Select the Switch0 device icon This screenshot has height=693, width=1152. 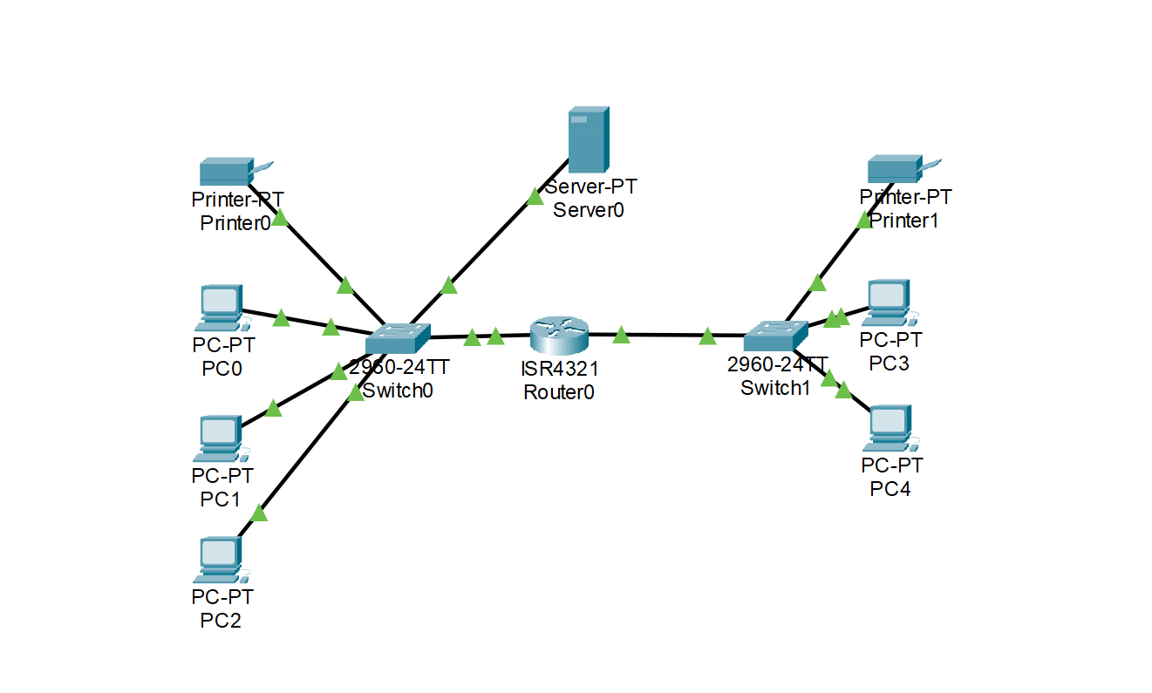pos(398,337)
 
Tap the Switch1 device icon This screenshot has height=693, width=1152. pos(776,336)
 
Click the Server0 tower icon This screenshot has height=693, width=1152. pos(588,139)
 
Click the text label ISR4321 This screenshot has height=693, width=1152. pos(561,370)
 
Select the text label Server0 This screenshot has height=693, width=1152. pos(589,209)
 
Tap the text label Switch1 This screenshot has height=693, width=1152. pos(775,388)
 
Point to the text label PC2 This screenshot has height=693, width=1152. pos(221,620)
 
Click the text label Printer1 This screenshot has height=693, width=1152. pos(904,221)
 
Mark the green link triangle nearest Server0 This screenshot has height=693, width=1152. pos(535,196)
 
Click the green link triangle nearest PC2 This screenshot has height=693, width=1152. pos(258,513)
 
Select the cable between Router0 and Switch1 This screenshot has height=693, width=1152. pos(663,334)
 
